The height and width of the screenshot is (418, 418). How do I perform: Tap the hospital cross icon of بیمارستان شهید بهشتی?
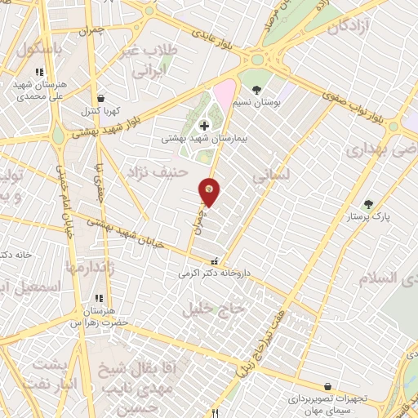(x=203, y=126)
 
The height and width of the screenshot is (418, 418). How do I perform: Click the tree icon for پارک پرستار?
(x=367, y=204)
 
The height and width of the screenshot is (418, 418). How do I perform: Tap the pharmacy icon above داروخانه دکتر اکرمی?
(x=215, y=262)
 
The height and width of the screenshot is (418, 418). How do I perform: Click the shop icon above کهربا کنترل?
(x=100, y=97)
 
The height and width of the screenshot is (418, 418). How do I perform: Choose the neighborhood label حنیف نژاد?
(x=158, y=171)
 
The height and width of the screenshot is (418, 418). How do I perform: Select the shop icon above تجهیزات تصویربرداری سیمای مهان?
(x=327, y=386)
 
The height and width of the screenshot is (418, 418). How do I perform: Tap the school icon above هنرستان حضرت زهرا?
(x=99, y=299)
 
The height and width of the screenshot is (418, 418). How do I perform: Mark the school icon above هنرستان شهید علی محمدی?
(x=40, y=72)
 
